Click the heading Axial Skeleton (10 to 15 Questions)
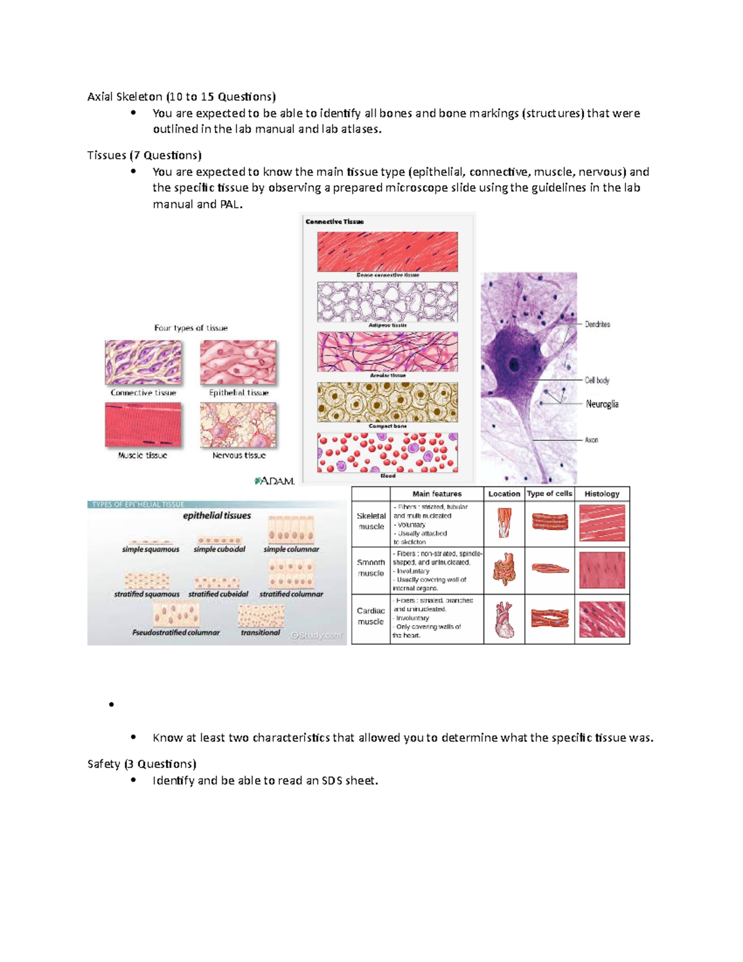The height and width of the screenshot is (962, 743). coord(181,97)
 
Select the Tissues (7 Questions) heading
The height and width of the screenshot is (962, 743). coord(144,155)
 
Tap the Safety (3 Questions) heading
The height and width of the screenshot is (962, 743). coord(142,764)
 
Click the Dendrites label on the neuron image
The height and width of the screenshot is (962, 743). coord(597,324)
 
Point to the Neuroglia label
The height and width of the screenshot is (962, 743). coord(602,404)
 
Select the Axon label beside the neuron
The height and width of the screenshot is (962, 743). coord(591,440)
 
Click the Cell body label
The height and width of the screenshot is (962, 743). coord(597,380)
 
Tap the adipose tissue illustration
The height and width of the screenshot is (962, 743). coord(388,302)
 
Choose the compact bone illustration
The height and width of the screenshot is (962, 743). coord(388,402)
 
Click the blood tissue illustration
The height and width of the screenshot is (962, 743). coord(388,453)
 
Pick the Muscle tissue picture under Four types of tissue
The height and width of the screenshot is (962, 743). coord(143,425)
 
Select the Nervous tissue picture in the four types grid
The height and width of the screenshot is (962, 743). coord(238,425)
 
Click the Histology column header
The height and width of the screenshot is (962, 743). coord(602,494)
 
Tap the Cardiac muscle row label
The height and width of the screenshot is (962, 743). coord(371,616)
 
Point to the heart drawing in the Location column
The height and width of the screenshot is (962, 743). coord(504,619)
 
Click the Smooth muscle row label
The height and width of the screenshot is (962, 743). coord(371,568)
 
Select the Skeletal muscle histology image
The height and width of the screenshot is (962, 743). coord(602,523)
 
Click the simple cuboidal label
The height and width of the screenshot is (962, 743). coord(219,549)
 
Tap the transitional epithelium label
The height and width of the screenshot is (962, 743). coord(261,632)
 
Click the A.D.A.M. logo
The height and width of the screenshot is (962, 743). coord(274,481)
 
